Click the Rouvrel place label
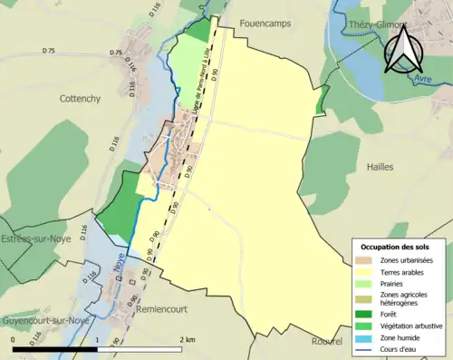pos(326,342)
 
